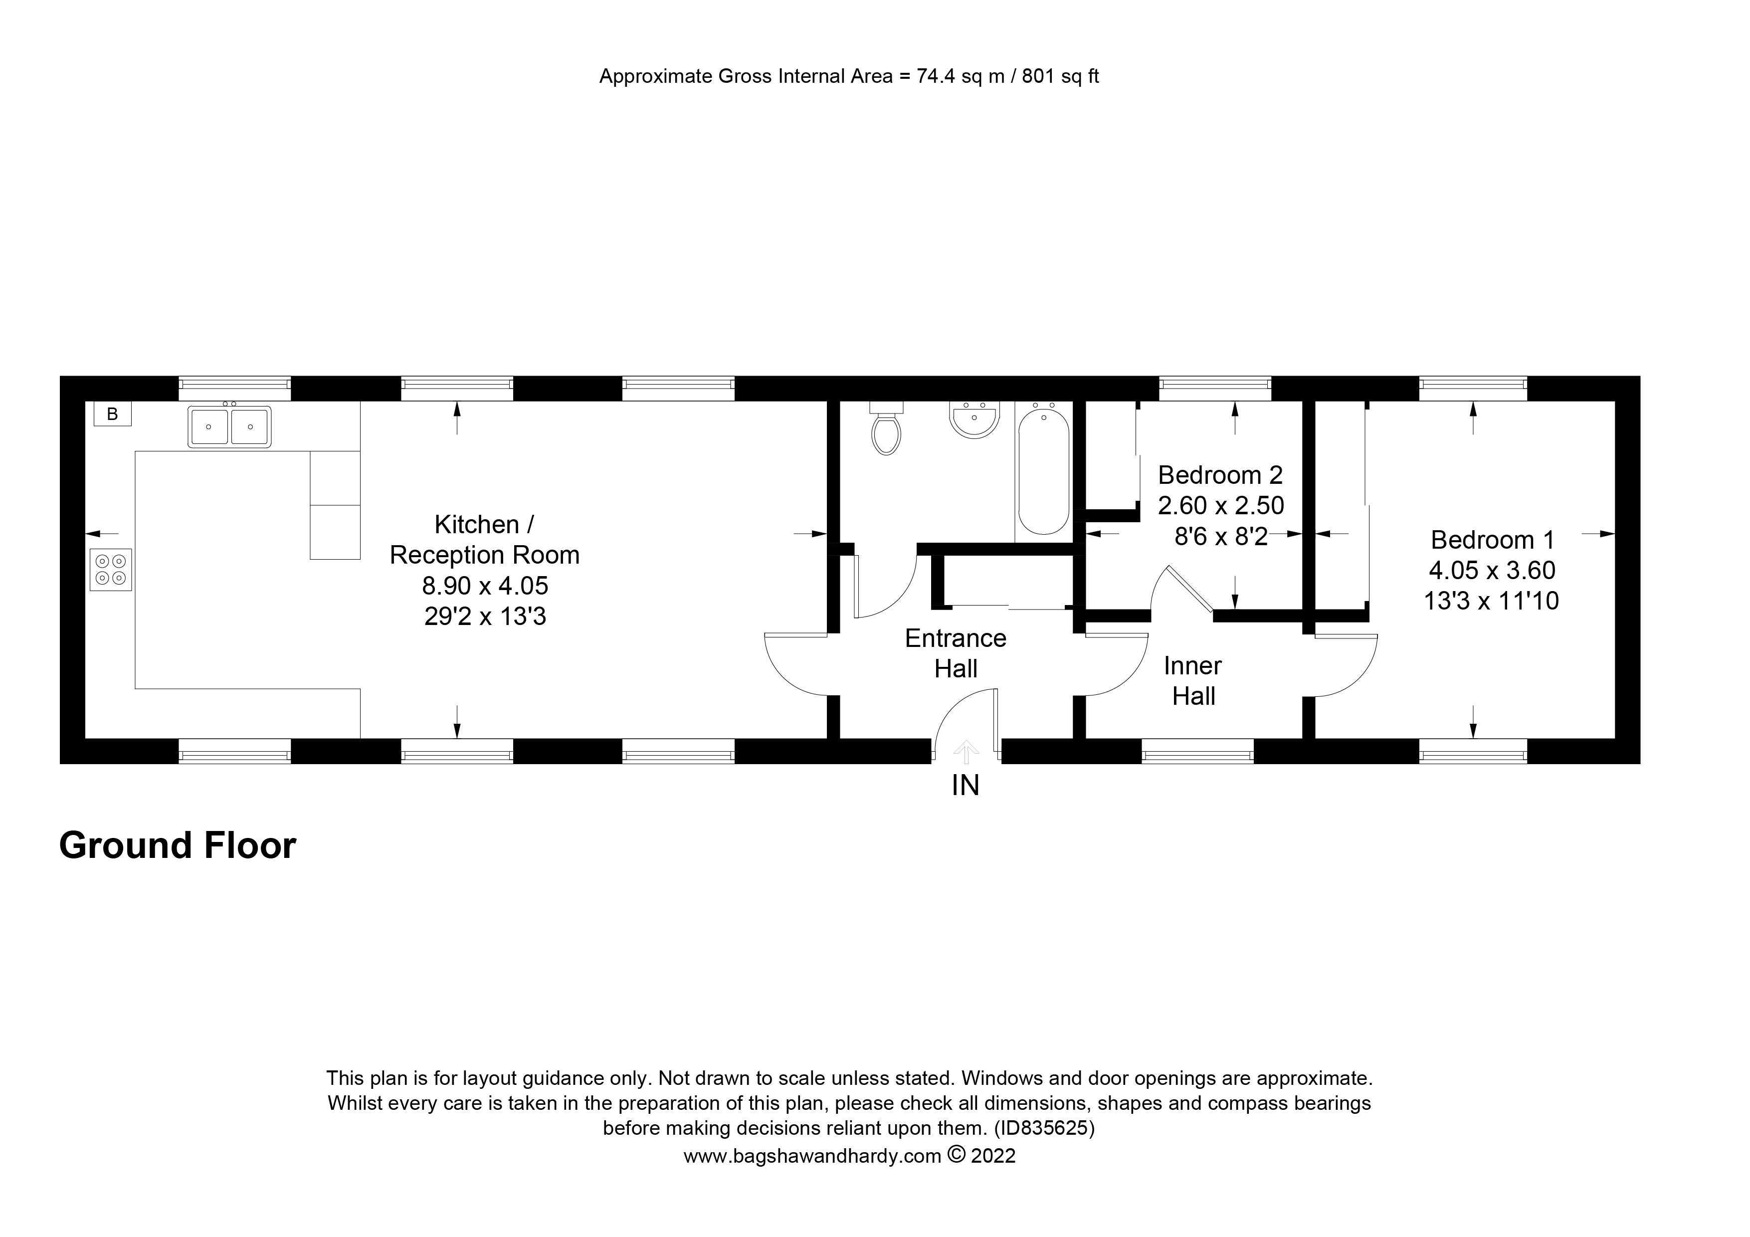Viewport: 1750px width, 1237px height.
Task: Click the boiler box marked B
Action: pyautogui.click(x=112, y=414)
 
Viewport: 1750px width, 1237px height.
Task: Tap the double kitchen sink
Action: pyautogui.click(x=228, y=427)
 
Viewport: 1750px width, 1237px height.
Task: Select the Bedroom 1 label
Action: pyautogui.click(x=1492, y=540)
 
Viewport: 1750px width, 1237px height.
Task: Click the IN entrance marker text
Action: pyautogui.click(x=965, y=786)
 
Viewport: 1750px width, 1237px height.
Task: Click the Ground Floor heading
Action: pyautogui.click(x=178, y=846)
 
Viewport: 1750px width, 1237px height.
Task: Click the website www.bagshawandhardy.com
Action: pyautogui.click(x=812, y=1156)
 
